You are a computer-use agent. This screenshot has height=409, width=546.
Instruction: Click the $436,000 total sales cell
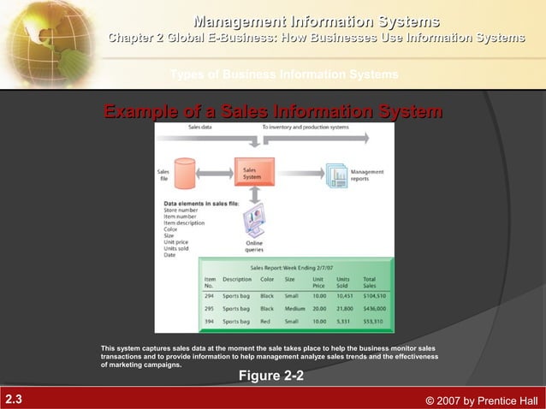(x=375, y=308)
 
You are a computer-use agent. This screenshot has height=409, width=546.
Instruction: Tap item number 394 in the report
(x=210, y=322)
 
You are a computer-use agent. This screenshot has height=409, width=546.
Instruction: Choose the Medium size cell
(x=294, y=308)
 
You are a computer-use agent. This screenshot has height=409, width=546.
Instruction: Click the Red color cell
(x=265, y=322)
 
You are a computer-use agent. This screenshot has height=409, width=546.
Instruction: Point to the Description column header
(x=237, y=279)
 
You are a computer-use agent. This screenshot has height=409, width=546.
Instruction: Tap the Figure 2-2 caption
(x=270, y=376)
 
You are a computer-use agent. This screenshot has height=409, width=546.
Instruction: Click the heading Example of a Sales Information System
(x=273, y=112)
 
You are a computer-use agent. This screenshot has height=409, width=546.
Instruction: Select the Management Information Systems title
(x=317, y=21)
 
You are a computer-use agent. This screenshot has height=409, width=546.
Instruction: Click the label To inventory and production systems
(x=305, y=126)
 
